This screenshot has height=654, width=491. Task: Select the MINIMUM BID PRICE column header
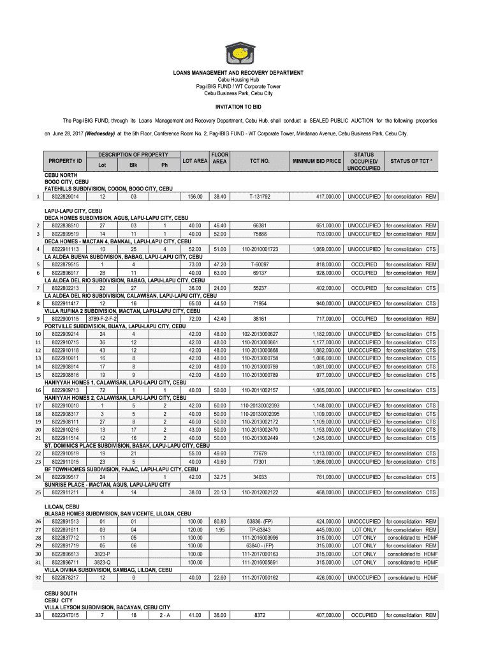tap(316, 161)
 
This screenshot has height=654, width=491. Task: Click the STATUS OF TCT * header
tap(411, 161)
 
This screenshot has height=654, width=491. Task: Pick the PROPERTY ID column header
tap(65, 161)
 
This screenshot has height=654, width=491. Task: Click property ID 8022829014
tap(65, 196)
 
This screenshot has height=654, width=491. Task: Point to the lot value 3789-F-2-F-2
tap(102, 319)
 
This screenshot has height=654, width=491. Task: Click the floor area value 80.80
tap(220, 522)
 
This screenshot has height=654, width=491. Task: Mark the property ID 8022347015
tap(65, 615)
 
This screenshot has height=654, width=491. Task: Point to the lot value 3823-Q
tap(102, 562)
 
